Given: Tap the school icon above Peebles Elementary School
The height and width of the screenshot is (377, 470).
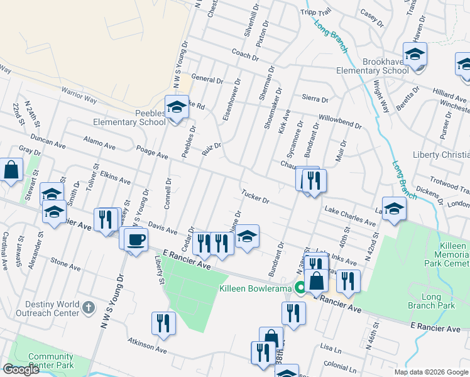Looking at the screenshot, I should point(177,107).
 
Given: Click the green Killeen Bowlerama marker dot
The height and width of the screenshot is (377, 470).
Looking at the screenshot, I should point(301,288).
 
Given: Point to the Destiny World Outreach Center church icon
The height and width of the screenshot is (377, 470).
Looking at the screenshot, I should point(89,308).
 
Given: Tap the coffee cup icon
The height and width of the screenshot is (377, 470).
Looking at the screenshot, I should point(135,239).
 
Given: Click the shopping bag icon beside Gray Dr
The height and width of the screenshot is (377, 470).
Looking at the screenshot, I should point(11,170).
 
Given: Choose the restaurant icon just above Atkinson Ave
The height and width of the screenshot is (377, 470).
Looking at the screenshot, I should point(163,324).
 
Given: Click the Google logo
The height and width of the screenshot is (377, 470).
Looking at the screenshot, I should point(21,369).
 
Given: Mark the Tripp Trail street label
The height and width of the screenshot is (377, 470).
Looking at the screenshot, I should point(315,13).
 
